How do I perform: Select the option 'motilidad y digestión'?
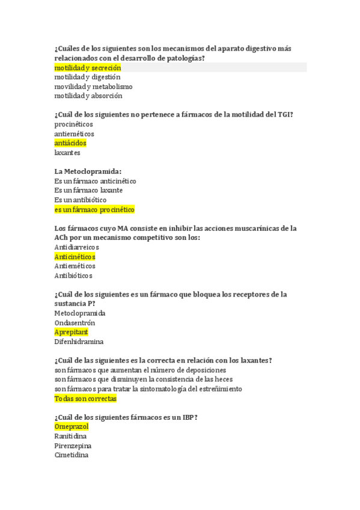(x=87, y=77)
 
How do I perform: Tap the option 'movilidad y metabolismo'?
(x=93, y=87)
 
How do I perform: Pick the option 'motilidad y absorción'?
(x=88, y=96)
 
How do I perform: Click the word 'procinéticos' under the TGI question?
(x=74, y=124)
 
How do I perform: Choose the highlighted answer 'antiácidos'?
(x=70, y=143)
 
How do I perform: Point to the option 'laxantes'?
(x=67, y=153)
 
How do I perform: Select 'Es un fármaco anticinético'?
(x=95, y=181)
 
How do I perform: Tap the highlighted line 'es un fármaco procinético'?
(x=94, y=209)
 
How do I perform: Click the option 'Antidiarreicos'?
(x=76, y=247)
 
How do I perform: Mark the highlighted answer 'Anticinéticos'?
(x=75, y=257)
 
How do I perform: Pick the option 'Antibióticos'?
(x=73, y=275)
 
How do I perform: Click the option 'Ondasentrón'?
(x=75, y=323)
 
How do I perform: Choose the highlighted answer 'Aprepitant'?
(x=71, y=332)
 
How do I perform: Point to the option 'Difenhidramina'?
(x=79, y=342)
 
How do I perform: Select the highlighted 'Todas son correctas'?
(x=85, y=398)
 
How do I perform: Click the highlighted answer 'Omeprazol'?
(x=72, y=426)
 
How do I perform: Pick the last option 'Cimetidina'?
(x=71, y=455)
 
